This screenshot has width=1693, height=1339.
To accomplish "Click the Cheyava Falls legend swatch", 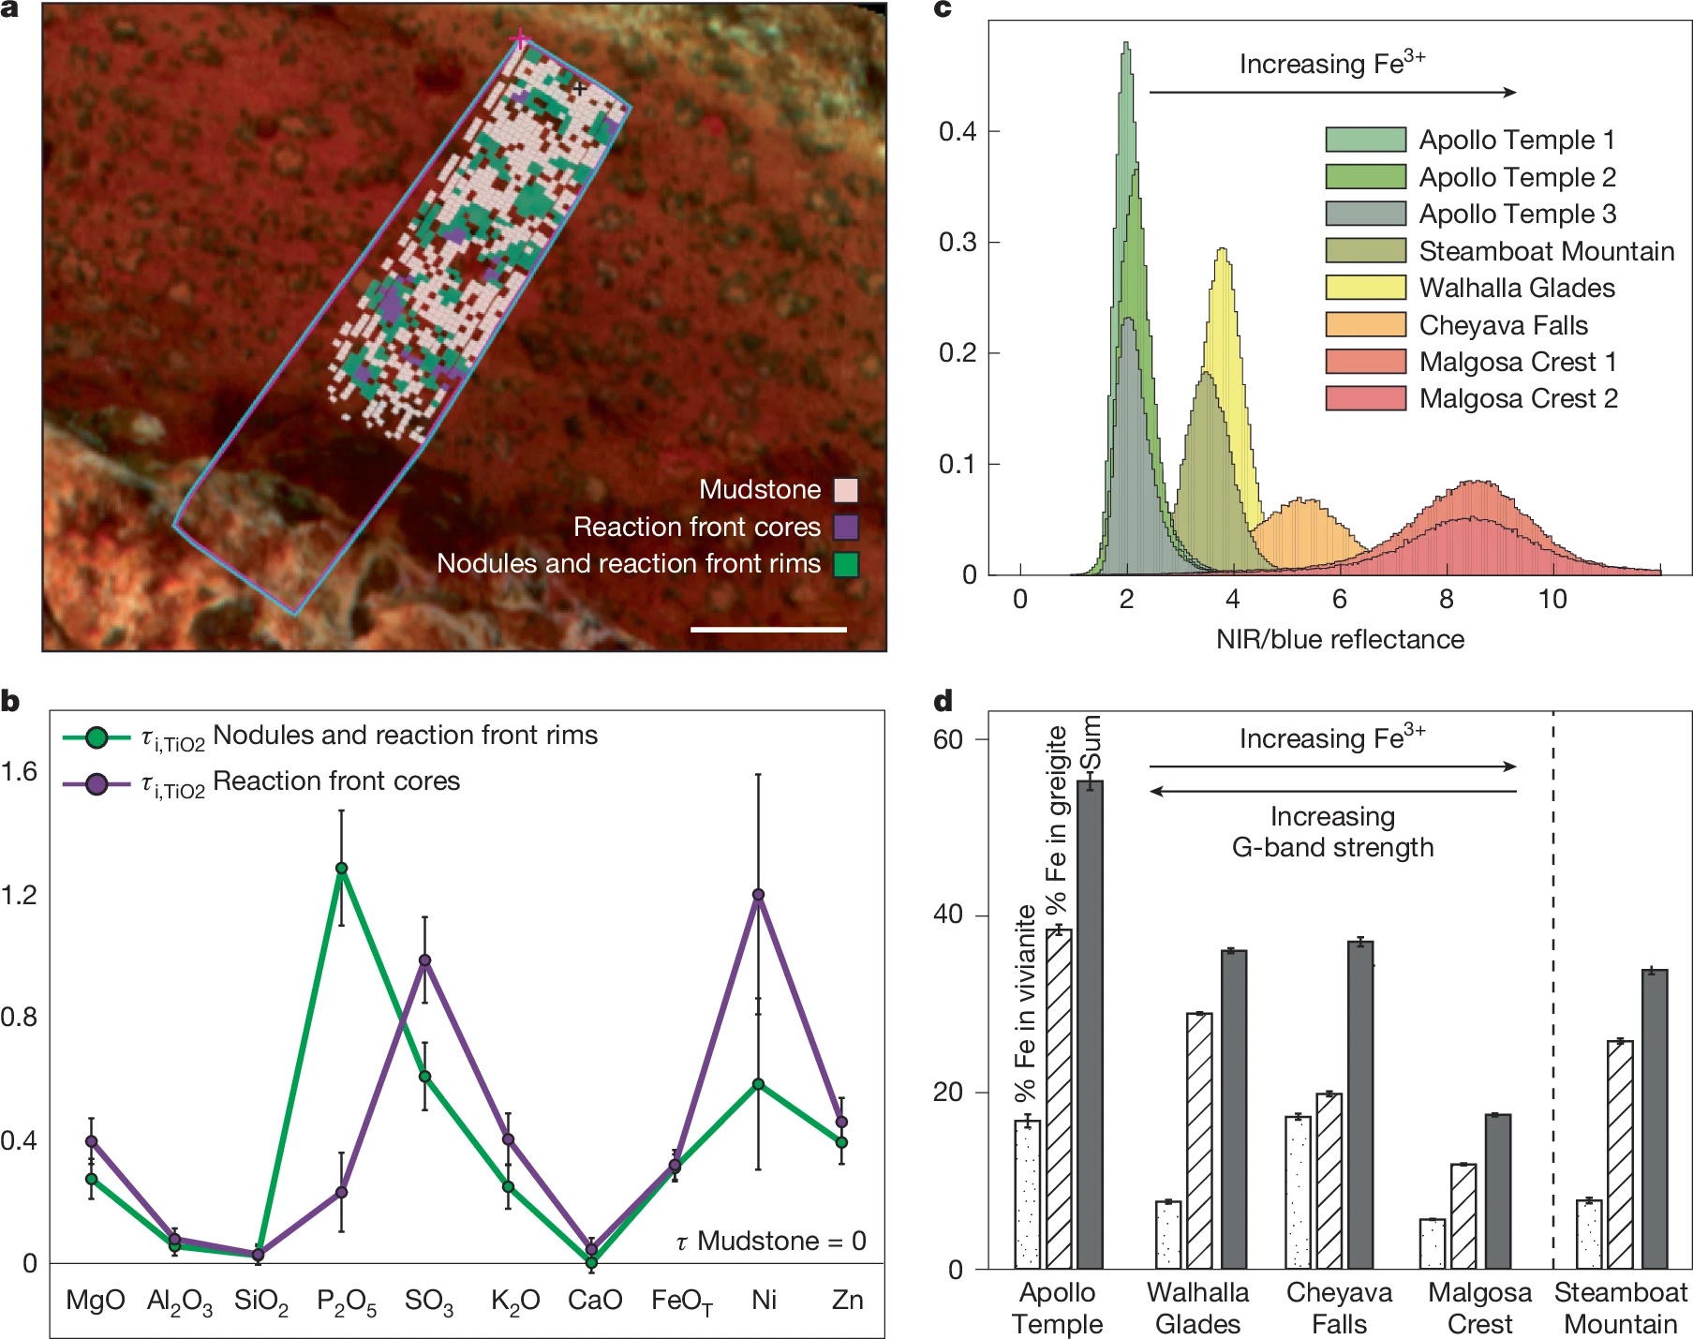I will coord(1365,325).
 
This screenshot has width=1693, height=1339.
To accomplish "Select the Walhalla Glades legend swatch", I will coord(1365,288).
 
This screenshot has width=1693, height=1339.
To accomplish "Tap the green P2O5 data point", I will coord(342,869).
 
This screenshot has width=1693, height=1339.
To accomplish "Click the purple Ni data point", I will coord(758,895).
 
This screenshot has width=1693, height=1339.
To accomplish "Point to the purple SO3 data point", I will coord(424,960).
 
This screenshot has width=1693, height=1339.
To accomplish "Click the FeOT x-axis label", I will coord(681,1301).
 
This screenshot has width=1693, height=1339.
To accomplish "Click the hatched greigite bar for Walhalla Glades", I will coord(1199,1140).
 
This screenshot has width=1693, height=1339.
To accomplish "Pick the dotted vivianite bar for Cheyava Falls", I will coord(1298,1192).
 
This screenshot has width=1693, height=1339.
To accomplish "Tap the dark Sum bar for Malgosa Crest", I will coord(1498,1191).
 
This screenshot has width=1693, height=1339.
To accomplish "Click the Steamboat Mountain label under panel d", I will coord(1621,1308).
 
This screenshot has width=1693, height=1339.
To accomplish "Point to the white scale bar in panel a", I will coord(768,630).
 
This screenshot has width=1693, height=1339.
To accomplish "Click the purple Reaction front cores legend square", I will coord(846,527).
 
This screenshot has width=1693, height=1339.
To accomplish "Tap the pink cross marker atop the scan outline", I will coord(520,39).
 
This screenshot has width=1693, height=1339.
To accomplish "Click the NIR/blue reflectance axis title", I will coord(1340,639).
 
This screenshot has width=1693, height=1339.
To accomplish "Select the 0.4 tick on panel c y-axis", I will coord(958,131).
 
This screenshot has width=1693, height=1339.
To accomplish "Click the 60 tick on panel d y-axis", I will coord(947,739).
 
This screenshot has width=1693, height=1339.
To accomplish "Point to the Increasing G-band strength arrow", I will coord(1332,792).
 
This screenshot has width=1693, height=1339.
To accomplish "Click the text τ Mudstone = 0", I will coord(770,1241).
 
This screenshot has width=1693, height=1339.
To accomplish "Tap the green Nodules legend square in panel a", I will coord(846,564).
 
